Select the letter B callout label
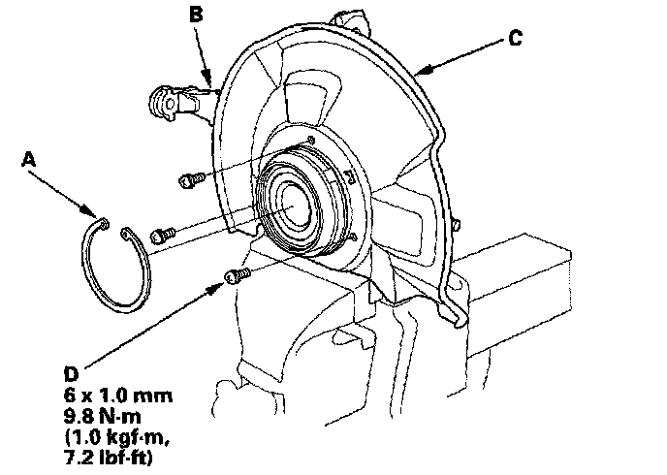(x=197, y=15)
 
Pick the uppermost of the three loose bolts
(x=191, y=179)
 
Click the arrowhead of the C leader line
(x=420, y=73)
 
